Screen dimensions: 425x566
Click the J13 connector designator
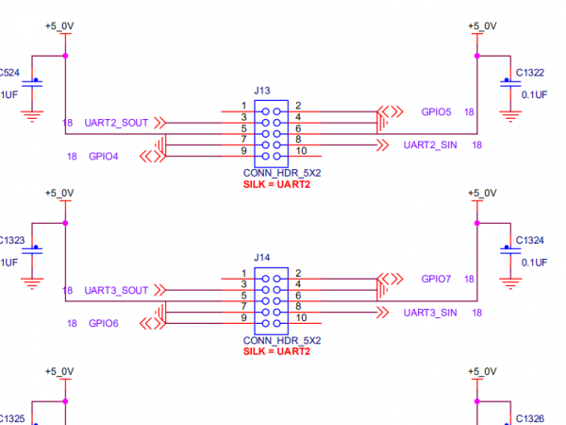click(262, 91)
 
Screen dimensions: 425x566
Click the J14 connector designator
click(262, 256)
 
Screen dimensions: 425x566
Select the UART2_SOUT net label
click(116, 123)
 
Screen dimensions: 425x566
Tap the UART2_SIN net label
click(431, 145)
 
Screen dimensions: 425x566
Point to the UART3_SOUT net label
click(116, 290)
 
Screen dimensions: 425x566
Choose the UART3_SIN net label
click(430, 312)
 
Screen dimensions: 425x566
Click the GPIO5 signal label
click(436, 111)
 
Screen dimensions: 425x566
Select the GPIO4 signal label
click(104, 157)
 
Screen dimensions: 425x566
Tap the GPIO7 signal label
click(436, 279)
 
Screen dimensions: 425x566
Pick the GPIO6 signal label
click(104, 323)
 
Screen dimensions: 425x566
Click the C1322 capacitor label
click(530, 73)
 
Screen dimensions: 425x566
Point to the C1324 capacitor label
click(530, 240)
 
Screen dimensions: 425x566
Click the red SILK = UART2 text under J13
click(276, 185)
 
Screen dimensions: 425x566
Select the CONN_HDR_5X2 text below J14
click(282, 340)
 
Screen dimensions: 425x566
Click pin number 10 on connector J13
click(301, 151)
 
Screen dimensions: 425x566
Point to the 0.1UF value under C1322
click(535, 94)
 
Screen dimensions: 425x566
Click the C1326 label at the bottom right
click(530, 417)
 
